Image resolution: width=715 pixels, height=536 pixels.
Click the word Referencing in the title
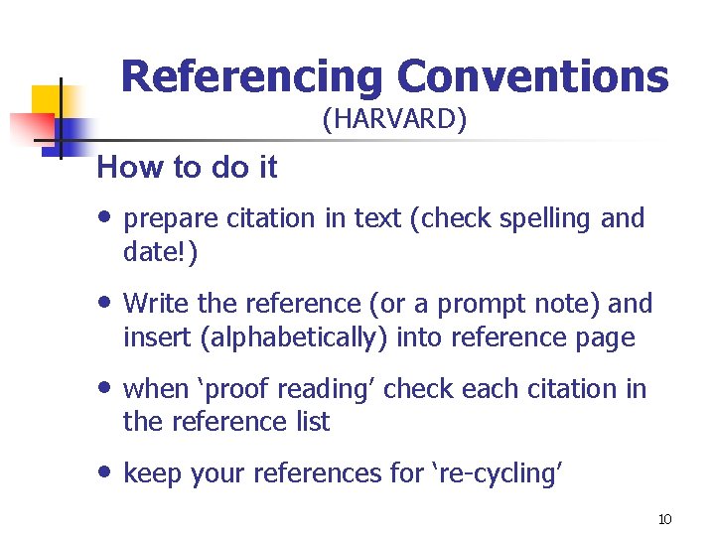(251, 76)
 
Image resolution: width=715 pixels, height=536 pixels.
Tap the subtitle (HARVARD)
(394, 121)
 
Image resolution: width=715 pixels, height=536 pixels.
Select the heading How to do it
(187, 168)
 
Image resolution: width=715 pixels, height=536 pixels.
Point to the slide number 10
(665, 520)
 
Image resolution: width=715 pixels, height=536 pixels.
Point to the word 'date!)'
(160, 253)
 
